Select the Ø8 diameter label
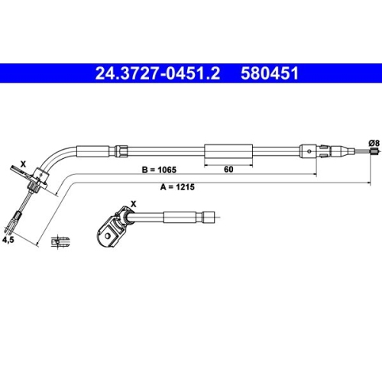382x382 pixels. click(x=374, y=141)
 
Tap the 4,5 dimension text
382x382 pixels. click(x=9, y=239)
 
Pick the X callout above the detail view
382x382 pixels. click(x=134, y=203)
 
